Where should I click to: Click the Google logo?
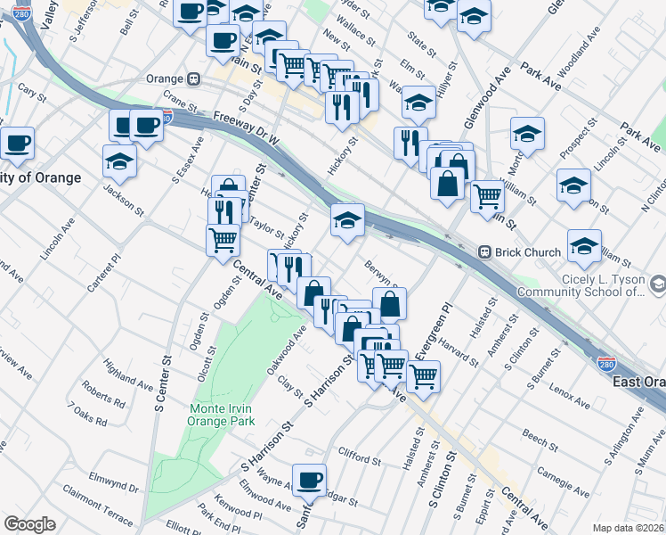point(29,524)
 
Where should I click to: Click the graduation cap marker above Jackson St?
point(119,162)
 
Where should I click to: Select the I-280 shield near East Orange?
point(606,364)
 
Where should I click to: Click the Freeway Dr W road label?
point(247,128)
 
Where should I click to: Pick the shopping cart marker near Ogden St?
point(223,239)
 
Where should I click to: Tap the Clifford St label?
point(360,458)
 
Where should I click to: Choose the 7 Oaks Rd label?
point(86,413)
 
